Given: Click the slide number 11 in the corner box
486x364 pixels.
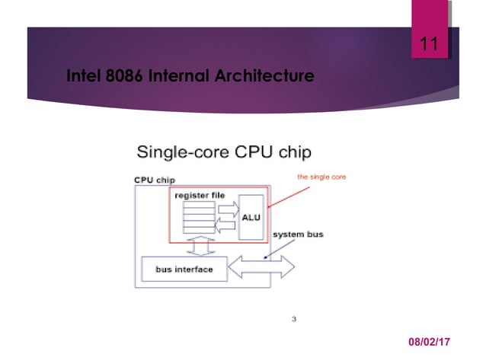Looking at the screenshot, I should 430,45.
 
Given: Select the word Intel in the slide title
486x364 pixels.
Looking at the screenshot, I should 85,76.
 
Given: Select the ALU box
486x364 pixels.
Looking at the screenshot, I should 251,217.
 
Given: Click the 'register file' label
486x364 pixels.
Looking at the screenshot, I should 200,195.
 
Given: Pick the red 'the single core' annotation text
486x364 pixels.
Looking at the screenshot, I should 321,177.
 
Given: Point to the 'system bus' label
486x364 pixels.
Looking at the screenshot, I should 299,234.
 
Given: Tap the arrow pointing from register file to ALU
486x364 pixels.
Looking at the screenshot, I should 226,207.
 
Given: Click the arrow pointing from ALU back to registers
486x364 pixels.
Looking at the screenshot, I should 226,225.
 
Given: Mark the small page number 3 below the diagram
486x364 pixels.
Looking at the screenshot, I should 294,319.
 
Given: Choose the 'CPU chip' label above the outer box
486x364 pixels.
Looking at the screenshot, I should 155,180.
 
